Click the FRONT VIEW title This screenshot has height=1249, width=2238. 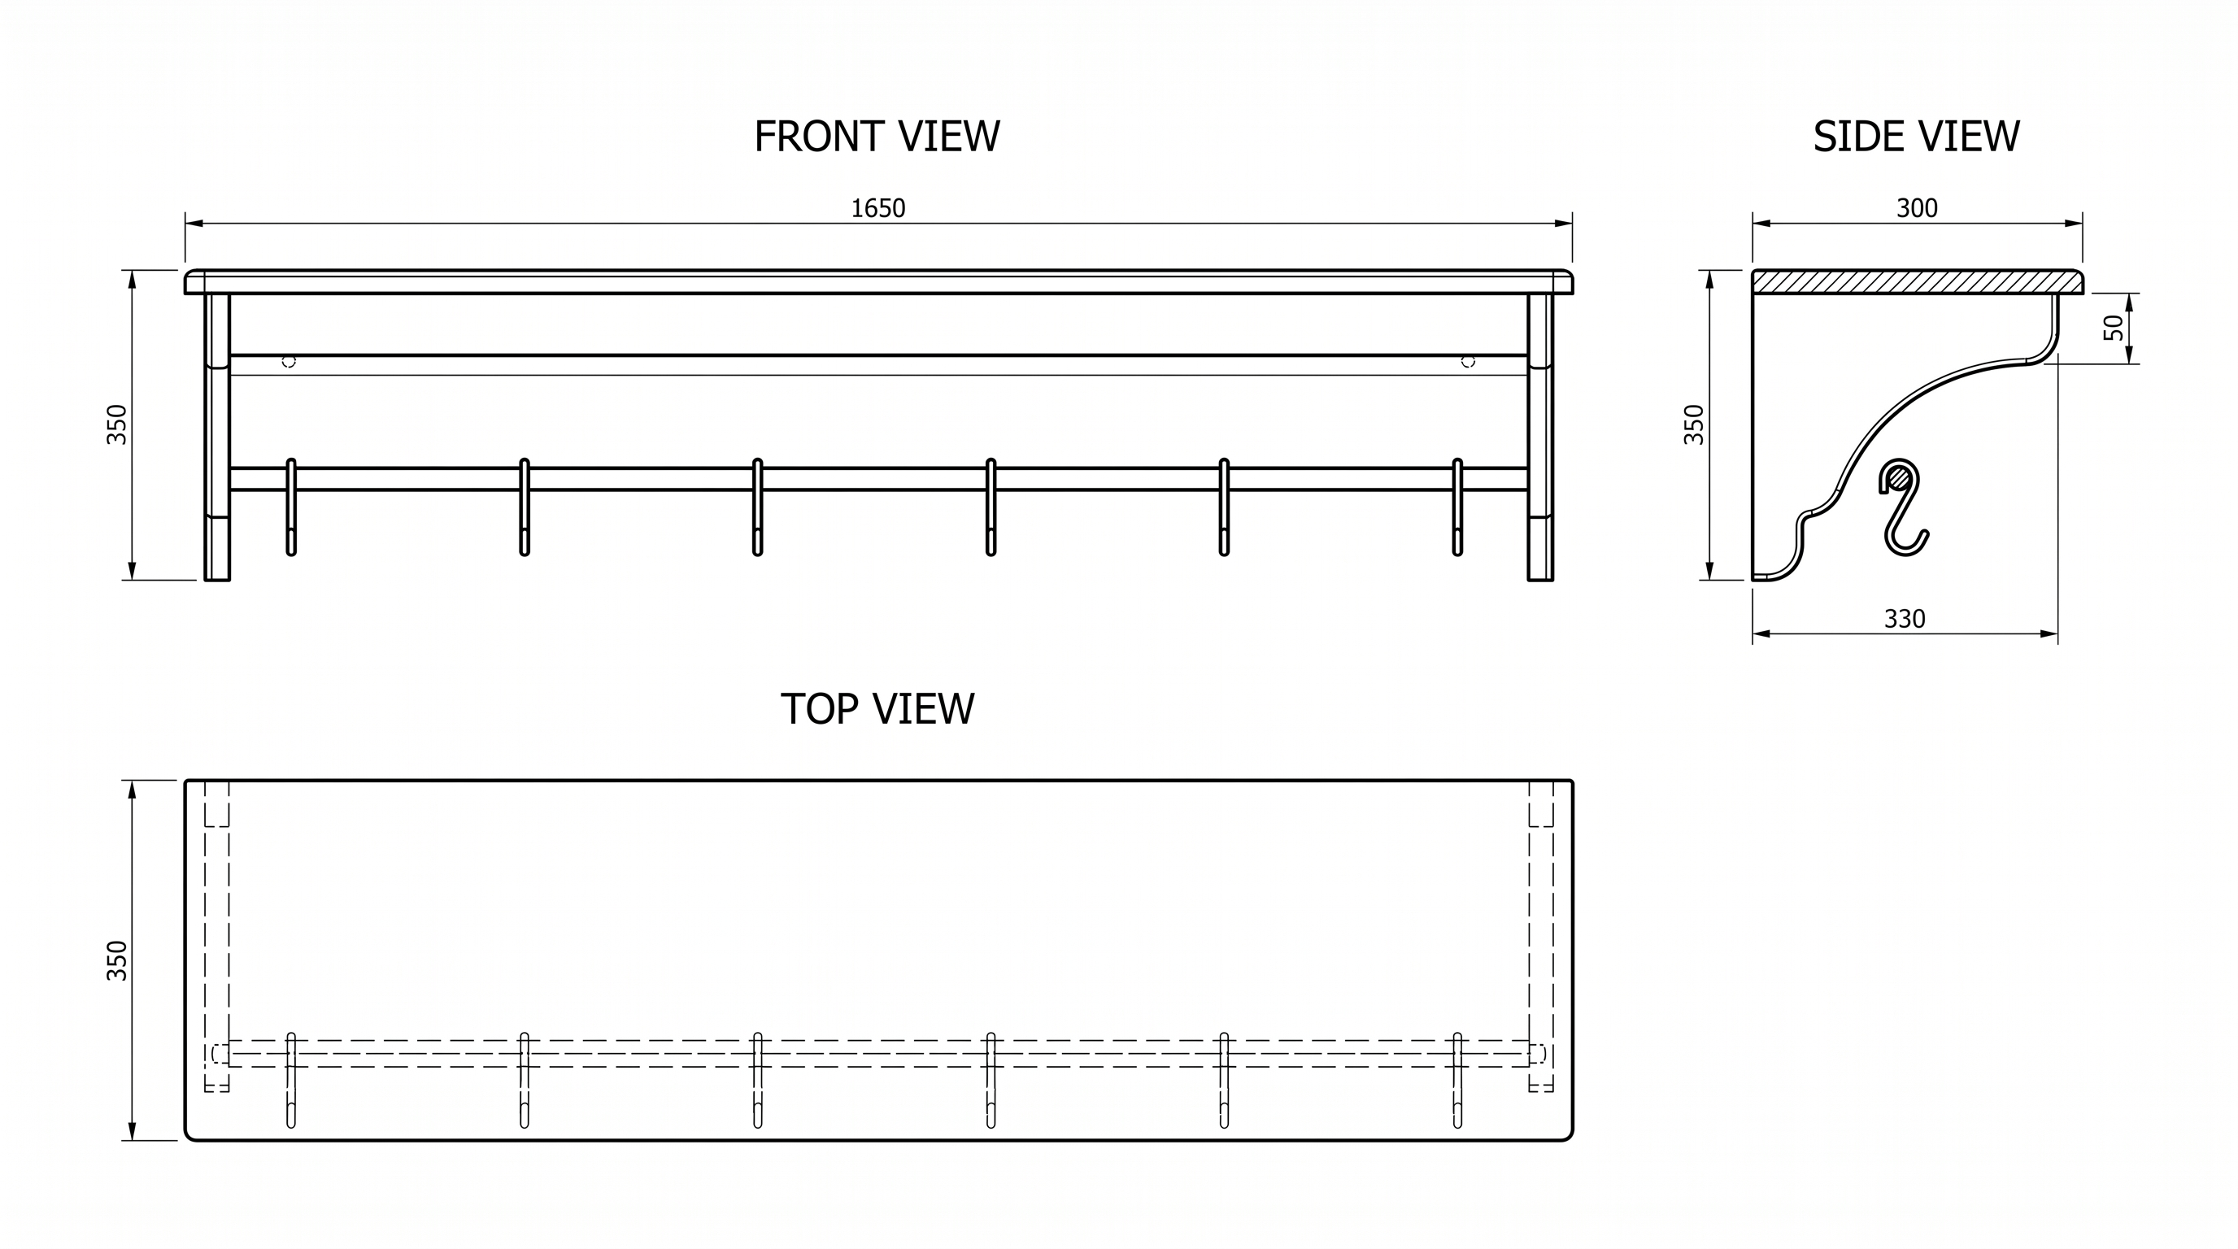tap(877, 137)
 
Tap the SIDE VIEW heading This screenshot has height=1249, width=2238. tap(1916, 137)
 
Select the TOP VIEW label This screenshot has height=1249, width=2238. tap(877, 709)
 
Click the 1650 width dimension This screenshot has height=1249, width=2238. tap(877, 208)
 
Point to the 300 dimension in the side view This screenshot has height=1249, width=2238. tap(1917, 208)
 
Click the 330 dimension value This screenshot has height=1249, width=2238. tap(1905, 620)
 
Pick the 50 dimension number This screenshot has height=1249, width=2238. tap(2114, 328)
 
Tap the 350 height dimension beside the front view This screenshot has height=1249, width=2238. tap(116, 424)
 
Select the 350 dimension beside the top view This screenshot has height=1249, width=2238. tap(116, 960)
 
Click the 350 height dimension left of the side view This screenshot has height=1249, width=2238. tap(1694, 424)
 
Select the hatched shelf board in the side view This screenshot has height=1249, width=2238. tap(1918, 281)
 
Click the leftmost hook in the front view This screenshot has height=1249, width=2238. tap(291, 507)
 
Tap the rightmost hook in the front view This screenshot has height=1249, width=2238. tap(1457, 507)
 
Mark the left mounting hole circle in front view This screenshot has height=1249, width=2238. tap(290, 361)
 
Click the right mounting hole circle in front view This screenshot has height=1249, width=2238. tap(1468, 361)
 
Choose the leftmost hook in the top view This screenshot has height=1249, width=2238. tap(291, 1080)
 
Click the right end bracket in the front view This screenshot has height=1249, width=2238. tap(1540, 437)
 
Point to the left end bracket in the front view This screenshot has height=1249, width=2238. tap(217, 437)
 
